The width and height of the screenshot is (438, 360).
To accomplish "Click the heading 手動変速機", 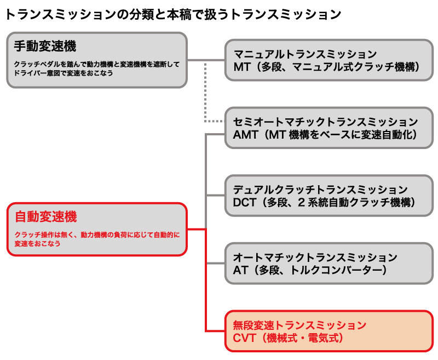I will (45, 47).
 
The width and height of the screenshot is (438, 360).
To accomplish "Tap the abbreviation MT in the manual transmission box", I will (241, 67).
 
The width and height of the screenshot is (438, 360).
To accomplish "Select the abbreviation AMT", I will (245, 135).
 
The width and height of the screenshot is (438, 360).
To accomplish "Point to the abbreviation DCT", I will (245, 203).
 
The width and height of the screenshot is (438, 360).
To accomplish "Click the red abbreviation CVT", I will (245, 338).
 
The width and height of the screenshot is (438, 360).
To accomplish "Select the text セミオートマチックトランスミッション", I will (325, 122).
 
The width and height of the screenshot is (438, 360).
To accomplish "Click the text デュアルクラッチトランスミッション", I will (320, 190).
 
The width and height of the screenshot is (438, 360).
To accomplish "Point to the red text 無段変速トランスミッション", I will (299, 325).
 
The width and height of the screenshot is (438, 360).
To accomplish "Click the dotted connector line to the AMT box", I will (206, 93).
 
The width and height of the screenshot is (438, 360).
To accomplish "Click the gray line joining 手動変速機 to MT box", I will (206, 60).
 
